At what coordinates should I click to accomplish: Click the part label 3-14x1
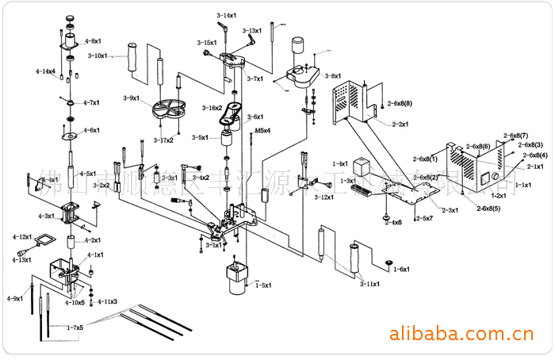[227, 16]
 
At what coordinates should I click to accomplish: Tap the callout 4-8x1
[93, 40]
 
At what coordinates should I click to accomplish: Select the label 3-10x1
[98, 56]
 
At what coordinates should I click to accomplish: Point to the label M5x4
[262, 129]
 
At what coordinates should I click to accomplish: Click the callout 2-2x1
[400, 124]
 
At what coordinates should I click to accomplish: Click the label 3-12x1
[324, 197]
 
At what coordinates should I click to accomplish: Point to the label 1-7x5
[75, 327]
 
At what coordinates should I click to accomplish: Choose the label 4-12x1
[21, 237]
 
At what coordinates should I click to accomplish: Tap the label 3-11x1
[369, 283]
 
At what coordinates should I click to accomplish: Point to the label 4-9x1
[14, 298]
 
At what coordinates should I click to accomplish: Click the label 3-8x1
[332, 76]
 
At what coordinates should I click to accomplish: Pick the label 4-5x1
[88, 173]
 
